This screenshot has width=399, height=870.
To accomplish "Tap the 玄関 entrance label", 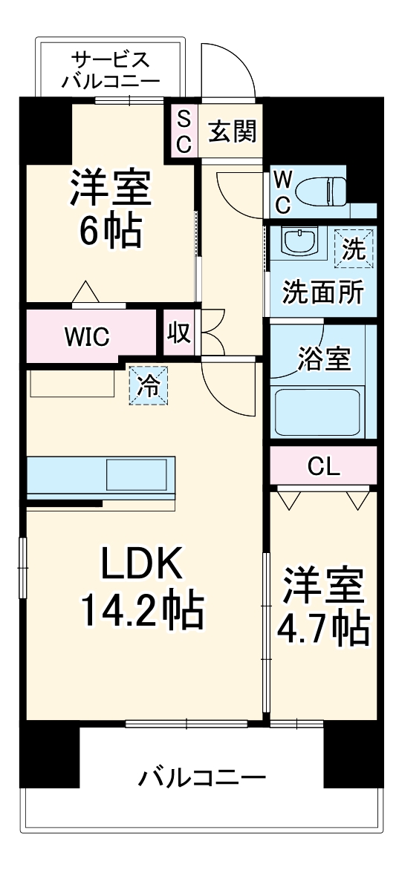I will [232, 132].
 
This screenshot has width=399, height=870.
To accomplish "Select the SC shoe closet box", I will [184, 132].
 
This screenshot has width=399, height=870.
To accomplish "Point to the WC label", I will [282, 191].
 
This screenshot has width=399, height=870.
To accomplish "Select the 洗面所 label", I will [322, 292].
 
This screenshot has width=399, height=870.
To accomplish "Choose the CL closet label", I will [323, 467].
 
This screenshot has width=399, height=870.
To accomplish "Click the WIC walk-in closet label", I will [87, 336].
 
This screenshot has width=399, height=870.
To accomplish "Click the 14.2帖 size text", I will [141, 611].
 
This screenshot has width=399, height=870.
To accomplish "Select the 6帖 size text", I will [111, 232].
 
